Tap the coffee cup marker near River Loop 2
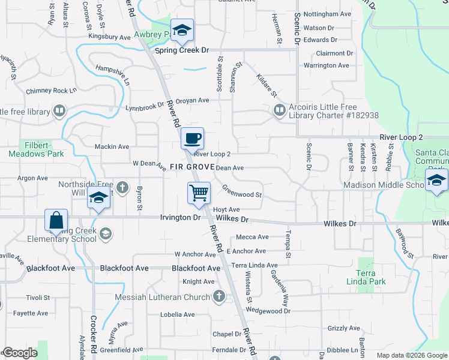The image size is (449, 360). click(x=192, y=139)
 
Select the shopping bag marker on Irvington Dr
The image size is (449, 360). click(x=56, y=220)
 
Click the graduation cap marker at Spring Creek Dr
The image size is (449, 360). click(x=181, y=31)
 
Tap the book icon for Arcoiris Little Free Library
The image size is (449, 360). click(x=279, y=110)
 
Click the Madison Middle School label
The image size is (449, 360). click(x=384, y=185)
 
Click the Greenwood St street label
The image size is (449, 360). click(x=242, y=194)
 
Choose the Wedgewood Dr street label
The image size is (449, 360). click(x=268, y=311)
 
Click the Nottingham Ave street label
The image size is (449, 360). click(x=327, y=13)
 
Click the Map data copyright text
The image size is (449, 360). click(x=412, y=355)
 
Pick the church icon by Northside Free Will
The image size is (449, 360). click(x=122, y=188)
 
